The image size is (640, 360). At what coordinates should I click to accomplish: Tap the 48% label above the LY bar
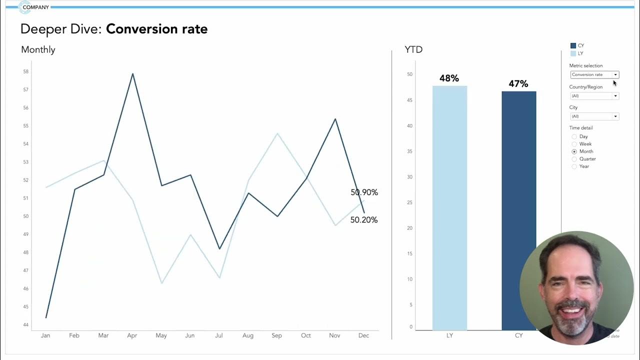click(x=449, y=78)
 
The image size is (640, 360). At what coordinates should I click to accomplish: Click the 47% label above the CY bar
click(x=518, y=83)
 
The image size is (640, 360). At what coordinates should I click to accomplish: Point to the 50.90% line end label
click(x=364, y=192)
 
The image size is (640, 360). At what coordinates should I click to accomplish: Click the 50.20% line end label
click(x=364, y=220)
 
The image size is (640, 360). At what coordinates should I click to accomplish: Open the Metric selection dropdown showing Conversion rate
click(x=594, y=74)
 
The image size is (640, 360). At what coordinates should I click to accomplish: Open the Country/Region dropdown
click(x=594, y=95)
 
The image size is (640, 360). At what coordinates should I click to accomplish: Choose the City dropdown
click(x=594, y=116)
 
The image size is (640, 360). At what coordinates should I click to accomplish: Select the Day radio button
click(x=574, y=136)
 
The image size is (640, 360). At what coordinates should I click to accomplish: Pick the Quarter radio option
click(x=574, y=159)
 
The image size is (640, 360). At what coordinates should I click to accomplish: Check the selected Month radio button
click(x=574, y=151)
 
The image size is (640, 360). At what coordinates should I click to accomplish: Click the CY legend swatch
click(x=573, y=45)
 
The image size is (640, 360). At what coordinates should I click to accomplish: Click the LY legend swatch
click(x=573, y=53)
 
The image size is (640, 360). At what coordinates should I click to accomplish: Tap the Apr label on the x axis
click(x=132, y=335)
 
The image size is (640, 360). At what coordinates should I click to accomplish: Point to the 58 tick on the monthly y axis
click(x=25, y=71)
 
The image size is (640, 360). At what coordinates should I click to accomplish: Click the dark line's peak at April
click(x=132, y=74)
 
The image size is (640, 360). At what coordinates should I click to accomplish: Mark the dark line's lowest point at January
click(x=46, y=317)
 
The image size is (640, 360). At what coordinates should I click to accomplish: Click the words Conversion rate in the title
click(x=156, y=29)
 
